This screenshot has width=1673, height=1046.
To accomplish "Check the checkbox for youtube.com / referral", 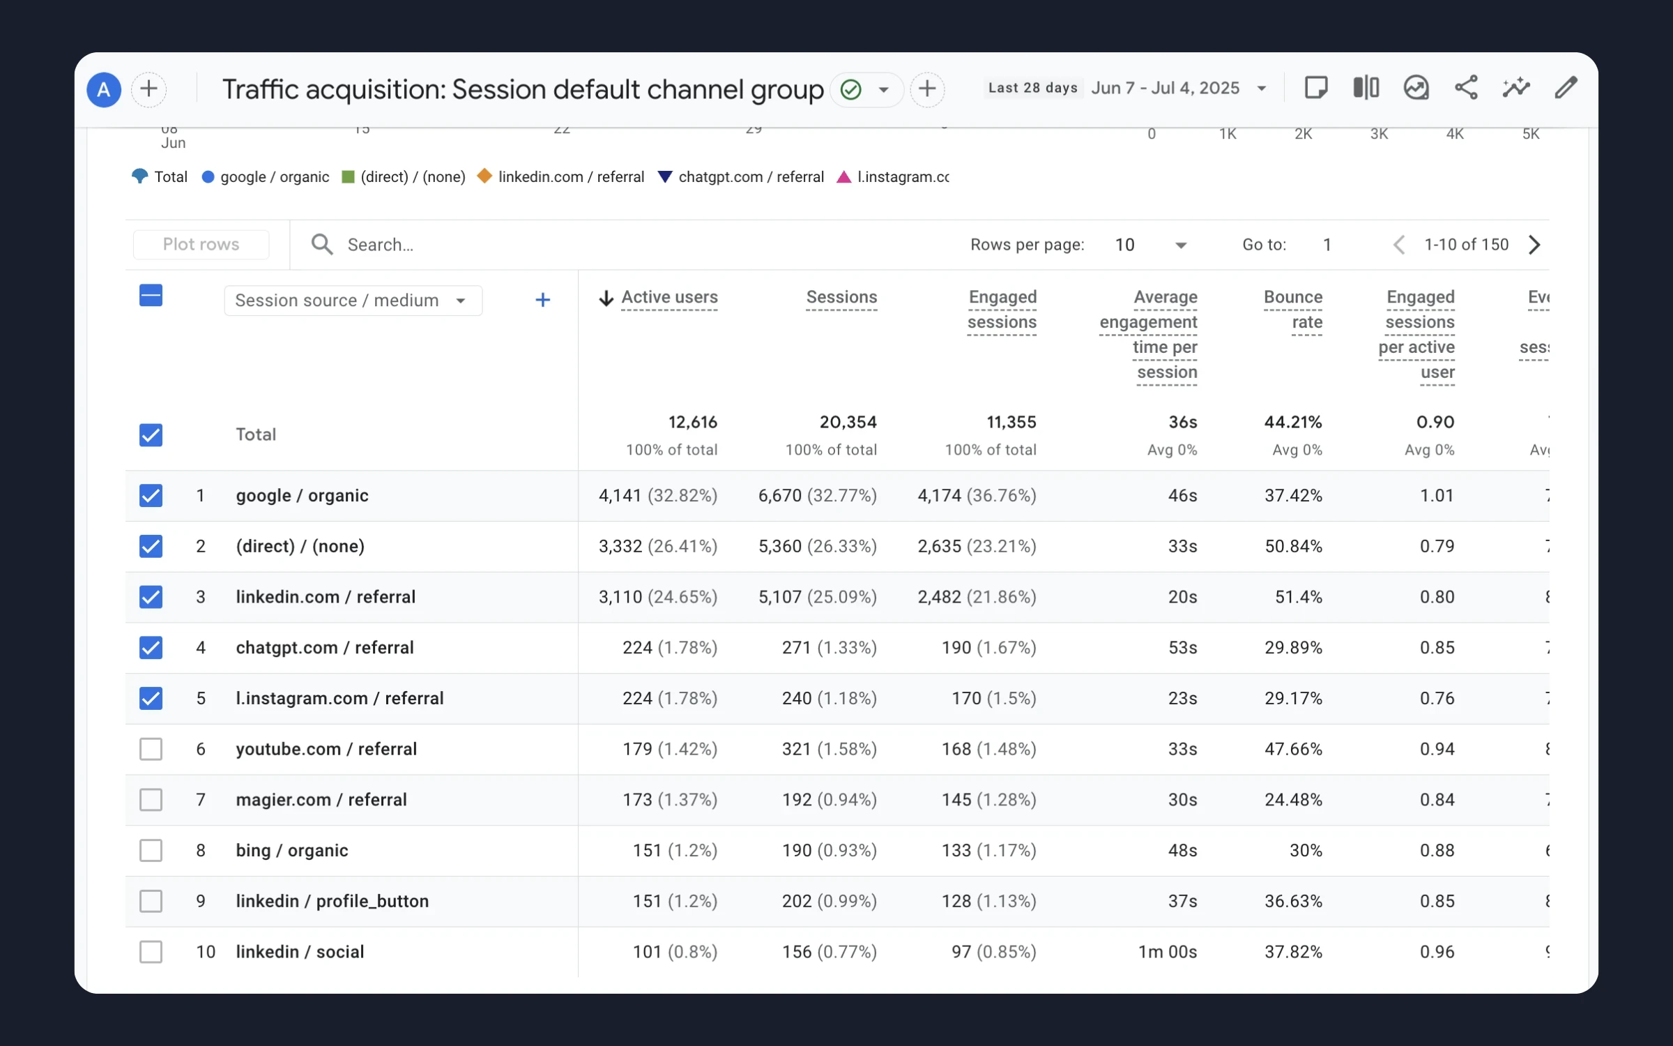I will [151, 749].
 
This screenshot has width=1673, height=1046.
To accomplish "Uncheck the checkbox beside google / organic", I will [151, 496].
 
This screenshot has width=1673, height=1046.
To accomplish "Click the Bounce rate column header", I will [1292, 309].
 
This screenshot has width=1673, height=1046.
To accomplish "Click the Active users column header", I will [669, 297].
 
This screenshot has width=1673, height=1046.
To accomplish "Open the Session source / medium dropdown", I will [353, 301].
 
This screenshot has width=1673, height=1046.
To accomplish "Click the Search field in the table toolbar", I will [488, 245].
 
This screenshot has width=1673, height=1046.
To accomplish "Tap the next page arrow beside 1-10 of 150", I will [1534, 245].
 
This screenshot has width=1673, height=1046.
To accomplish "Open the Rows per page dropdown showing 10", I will [1150, 245].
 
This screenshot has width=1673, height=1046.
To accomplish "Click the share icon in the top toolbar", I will [1466, 88].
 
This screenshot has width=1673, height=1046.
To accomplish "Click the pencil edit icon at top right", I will [1566, 88].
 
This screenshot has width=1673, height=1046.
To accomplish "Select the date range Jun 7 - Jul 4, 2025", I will [1178, 88].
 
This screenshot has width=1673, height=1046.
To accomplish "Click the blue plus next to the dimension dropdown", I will [542, 301].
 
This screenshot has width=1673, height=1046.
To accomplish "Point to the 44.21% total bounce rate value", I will [1292, 422].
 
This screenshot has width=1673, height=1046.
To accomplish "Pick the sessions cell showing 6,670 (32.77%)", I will [817, 496].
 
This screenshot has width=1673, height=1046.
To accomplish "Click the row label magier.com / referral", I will [321, 800].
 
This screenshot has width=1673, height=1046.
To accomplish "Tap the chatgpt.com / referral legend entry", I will [741, 177].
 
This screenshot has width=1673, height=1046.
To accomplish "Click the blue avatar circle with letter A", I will [104, 89].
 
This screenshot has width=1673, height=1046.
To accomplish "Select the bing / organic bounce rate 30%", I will [1305, 851].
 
